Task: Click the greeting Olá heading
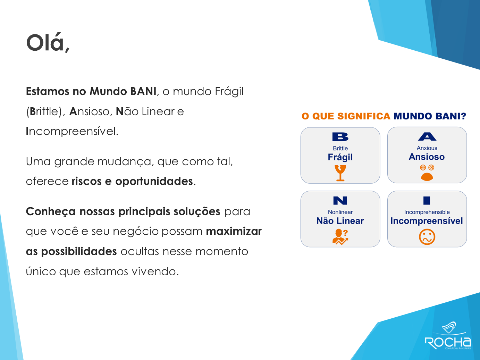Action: (x=48, y=43)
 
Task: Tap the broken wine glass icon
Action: (x=340, y=173)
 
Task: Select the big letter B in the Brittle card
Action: (x=340, y=137)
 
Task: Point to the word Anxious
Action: (x=427, y=148)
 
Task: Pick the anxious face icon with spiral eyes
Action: (x=427, y=173)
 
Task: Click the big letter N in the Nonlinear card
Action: (x=340, y=201)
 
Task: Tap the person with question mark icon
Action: (x=340, y=237)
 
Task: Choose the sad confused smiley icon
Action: (x=427, y=237)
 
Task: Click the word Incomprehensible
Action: (x=427, y=212)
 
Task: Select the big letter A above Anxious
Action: (x=427, y=136)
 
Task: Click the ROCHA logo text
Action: (x=448, y=343)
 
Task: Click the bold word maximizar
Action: (x=234, y=232)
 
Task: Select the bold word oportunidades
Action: (x=154, y=181)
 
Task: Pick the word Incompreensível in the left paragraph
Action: (x=72, y=132)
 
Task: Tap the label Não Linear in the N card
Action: (x=340, y=221)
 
